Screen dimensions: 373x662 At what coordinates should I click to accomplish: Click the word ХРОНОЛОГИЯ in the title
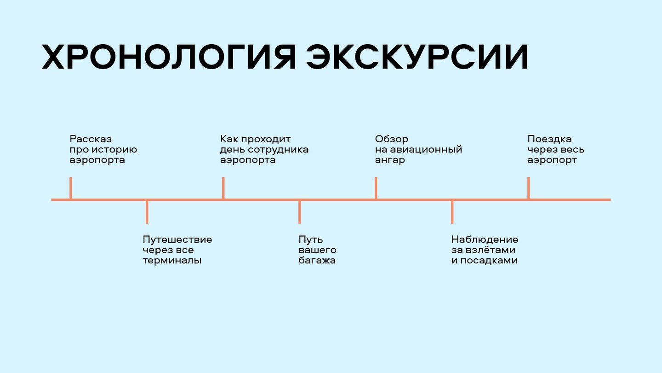click(x=168, y=58)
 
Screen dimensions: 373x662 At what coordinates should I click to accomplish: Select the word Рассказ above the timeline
click(x=91, y=139)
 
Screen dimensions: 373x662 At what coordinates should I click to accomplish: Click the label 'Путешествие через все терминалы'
click(x=177, y=250)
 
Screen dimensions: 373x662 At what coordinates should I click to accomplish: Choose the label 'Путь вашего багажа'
click(x=317, y=250)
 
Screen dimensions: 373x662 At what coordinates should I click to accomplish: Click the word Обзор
click(x=392, y=139)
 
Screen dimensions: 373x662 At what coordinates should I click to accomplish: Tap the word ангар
click(x=390, y=160)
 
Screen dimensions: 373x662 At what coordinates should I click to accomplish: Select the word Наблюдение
click(x=485, y=239)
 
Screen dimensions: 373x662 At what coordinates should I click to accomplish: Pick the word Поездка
click(x=549, y=139)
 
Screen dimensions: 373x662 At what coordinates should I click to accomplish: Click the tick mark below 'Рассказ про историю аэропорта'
click(x=71, y=188)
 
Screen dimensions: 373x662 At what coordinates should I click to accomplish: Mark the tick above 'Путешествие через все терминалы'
click(x=147, y=212)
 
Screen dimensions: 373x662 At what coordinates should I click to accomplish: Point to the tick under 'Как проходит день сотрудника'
click(x=223, y=188)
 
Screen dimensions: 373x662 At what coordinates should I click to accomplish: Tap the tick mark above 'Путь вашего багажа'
click(x=300, y=212)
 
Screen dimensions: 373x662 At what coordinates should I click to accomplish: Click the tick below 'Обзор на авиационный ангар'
click(x=376, y=188)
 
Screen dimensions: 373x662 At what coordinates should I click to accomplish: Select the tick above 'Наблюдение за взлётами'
click(x=452, y=212)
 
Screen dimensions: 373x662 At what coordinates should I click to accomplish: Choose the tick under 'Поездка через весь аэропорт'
click(x=529, y=188)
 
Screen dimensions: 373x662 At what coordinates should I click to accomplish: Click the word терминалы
click(x=172, y=261)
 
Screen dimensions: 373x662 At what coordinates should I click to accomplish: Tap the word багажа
click(x=317, y=261)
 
